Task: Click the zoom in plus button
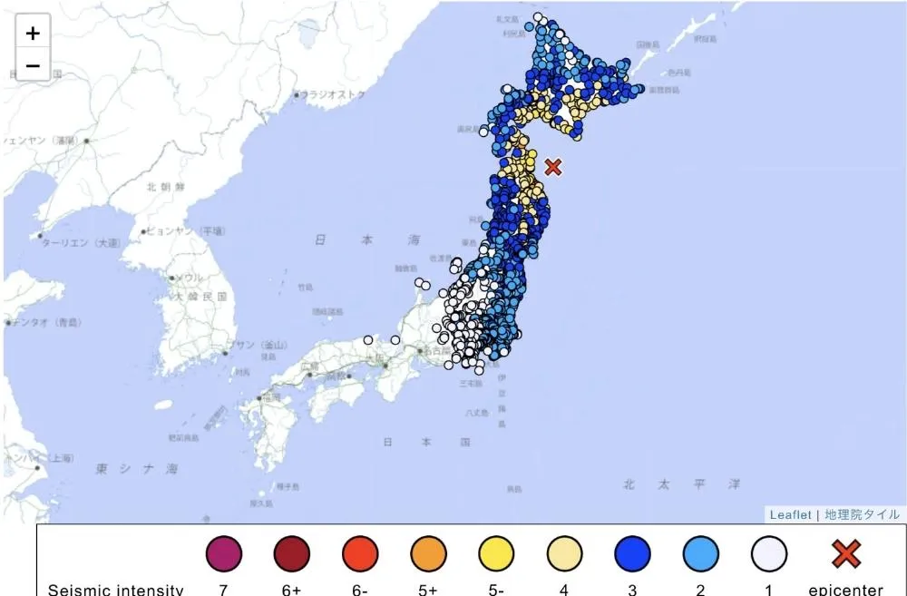(33, 34)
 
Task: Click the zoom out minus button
(33, 65)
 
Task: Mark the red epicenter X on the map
(553, 167)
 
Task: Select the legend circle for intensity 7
(223, 552)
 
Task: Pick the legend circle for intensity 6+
(291, 552)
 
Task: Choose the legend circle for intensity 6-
(360, 552)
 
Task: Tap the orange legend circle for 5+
(428, 552)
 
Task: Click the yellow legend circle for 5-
(496, 552)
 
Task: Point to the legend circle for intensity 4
(564, 552)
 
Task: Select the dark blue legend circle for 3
(632, 552)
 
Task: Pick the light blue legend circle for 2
(700, 552)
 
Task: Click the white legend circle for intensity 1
(768, 552)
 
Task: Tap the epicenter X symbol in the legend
(845, 552)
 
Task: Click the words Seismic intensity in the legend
(115, 590)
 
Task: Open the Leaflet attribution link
(791, 514)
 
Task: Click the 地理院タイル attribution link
(863, 514)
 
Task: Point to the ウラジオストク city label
(335, 94)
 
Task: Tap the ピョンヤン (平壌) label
(185, 231)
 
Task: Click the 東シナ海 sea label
(138, 469)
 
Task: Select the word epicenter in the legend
(845, 590)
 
